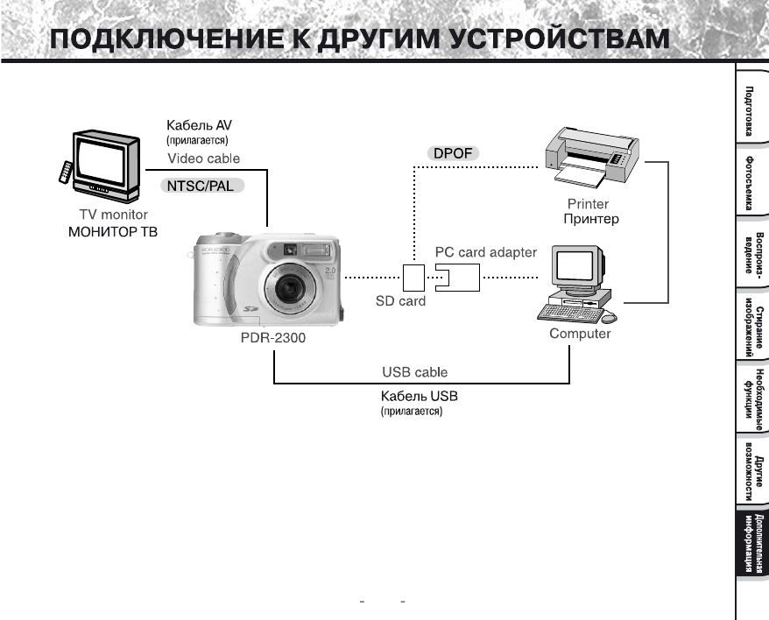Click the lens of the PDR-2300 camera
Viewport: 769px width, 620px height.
coord(290,290)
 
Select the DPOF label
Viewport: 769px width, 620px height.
coord(453,154)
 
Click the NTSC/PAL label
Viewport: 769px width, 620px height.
coord(202,186)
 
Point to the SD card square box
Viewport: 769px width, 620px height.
coord(413,278)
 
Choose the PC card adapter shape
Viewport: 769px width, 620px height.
coord(457,278)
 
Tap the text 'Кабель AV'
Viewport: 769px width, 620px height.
coord(199,126)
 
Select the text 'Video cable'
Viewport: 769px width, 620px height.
coord(204,159)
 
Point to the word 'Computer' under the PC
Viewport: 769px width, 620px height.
coord(580,334)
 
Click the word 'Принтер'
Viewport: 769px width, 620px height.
coord(591,219)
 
